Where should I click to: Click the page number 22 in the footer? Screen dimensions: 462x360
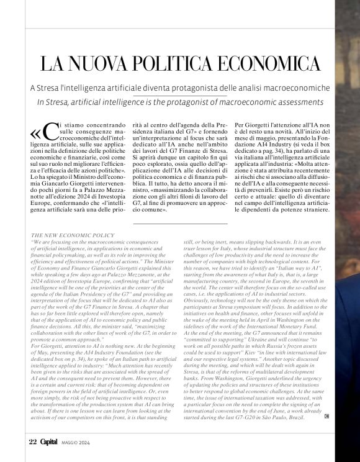coord(33,443)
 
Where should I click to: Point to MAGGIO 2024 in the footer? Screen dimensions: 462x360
coord(76,443)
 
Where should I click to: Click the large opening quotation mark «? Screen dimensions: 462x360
coord(37,134)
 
